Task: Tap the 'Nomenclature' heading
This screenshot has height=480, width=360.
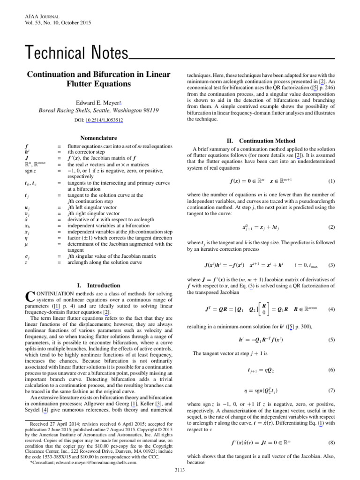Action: coord(98,138)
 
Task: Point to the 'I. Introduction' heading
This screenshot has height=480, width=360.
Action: coord(98,285)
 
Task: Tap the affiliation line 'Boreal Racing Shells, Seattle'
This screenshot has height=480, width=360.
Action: coord(98,111)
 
